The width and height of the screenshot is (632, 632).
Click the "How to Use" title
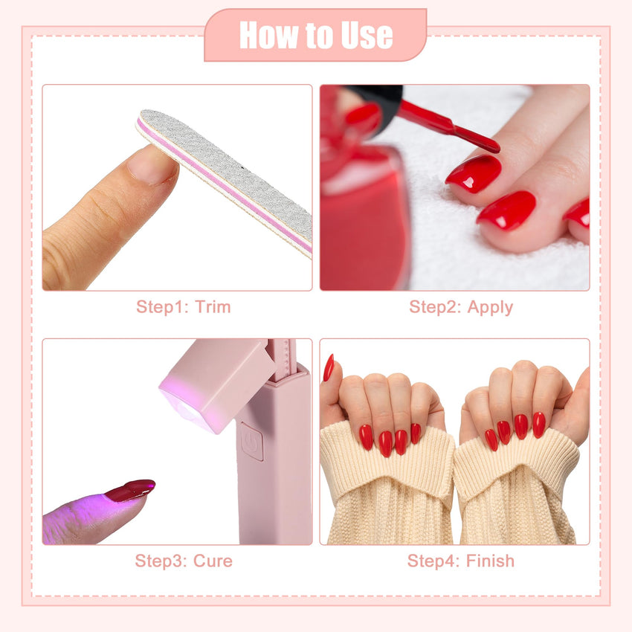point(316,35)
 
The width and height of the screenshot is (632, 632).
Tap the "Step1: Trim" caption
point(184,307)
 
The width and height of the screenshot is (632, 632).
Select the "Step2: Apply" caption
point(461,308)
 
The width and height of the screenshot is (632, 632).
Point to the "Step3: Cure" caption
point(184,561)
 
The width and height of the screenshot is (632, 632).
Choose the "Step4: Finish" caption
point(461,561)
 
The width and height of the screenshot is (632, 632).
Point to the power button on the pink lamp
point(252,442)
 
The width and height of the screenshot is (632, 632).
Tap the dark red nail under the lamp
point(131,490)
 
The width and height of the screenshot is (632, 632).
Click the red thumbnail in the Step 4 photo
point(329,367)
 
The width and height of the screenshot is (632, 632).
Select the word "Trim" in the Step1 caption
point(213,307)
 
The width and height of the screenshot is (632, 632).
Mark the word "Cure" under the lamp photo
point(213,561)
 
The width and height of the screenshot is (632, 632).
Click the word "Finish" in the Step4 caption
point(490,561)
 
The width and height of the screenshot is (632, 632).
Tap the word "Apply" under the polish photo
point(490,309)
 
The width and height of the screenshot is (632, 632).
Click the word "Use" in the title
point(367,36)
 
